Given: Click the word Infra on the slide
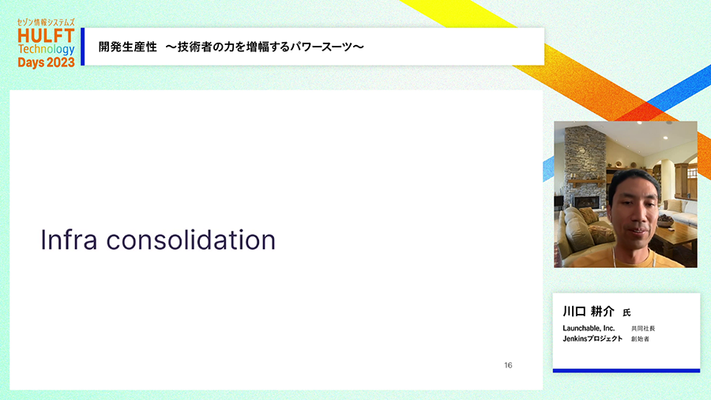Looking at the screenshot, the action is point(69,240).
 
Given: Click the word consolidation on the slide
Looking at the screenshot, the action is point(191,240).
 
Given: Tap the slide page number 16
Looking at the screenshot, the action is point(508,365).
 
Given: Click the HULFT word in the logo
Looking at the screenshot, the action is point(46,36).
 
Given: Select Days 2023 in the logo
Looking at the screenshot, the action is point(46,62).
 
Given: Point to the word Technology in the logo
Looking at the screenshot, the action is point(46,50).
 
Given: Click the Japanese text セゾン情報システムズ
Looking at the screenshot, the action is point(46,22).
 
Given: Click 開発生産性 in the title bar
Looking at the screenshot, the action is point(128,47).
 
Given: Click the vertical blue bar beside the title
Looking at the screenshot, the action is point(82,47).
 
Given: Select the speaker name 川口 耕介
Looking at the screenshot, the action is point(588,311).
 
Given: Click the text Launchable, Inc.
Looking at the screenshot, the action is point(589,328).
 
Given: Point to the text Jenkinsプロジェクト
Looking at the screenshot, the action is point(592,339).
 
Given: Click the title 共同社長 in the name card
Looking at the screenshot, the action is point(643,328).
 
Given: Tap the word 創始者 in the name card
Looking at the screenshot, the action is point(640,339).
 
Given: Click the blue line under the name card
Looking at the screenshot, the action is point(626,371).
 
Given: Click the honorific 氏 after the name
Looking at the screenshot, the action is point(626,313).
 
